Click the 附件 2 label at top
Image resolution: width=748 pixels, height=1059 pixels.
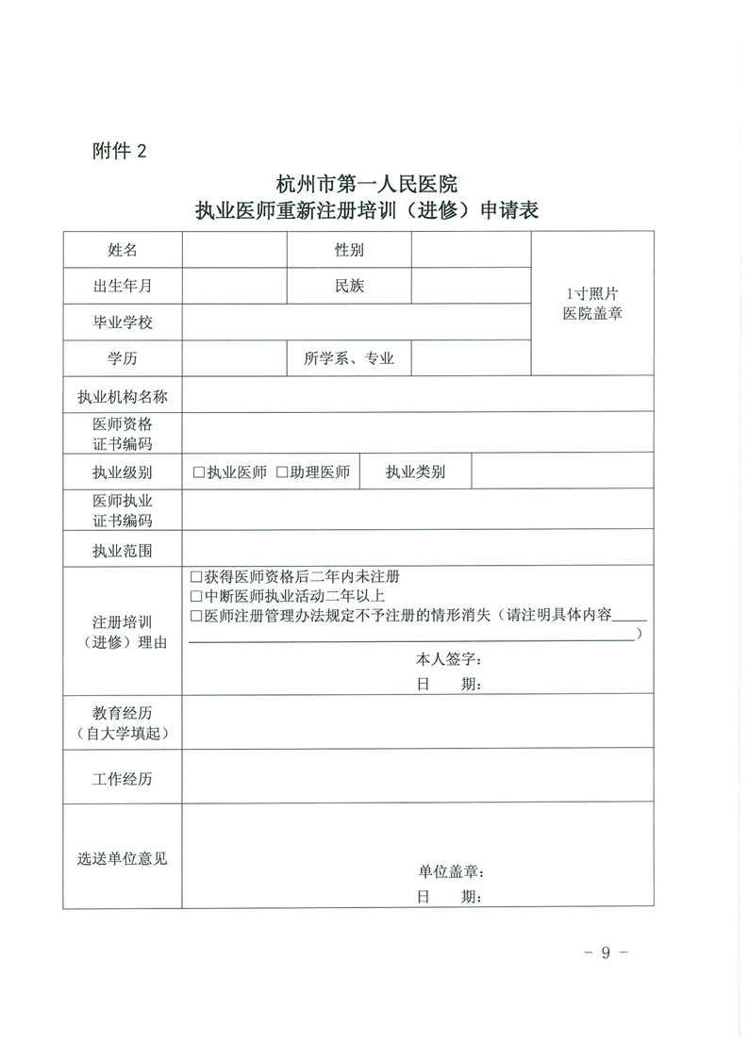pos(121,151)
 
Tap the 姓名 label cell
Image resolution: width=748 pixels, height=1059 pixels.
pos(123,250)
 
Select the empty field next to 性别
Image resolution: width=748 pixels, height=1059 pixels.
pos(471,250)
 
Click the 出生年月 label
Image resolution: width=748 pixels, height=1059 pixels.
pos(123,286)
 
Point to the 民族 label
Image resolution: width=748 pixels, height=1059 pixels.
pos(349,286)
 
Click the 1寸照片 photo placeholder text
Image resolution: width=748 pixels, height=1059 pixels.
pos(592,293)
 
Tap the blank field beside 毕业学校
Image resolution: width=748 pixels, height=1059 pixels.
pos(356,322)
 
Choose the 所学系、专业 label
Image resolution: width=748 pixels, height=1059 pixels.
pos(349,358)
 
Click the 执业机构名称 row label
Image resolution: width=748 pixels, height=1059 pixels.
pos(123,396)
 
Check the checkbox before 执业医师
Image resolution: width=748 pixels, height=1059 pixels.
pos(198,472)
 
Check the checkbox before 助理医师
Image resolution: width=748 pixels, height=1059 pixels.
pos(282,472)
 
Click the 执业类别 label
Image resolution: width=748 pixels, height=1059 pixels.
pos(415,472)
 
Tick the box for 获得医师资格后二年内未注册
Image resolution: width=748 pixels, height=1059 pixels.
pos(196,577)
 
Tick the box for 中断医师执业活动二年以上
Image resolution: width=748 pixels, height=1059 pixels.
pos(196,597)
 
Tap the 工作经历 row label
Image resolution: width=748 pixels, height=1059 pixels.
pos(123,779)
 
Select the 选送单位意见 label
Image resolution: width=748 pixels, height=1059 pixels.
pos(123,859)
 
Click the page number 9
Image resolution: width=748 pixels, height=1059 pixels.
pos(605,952)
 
